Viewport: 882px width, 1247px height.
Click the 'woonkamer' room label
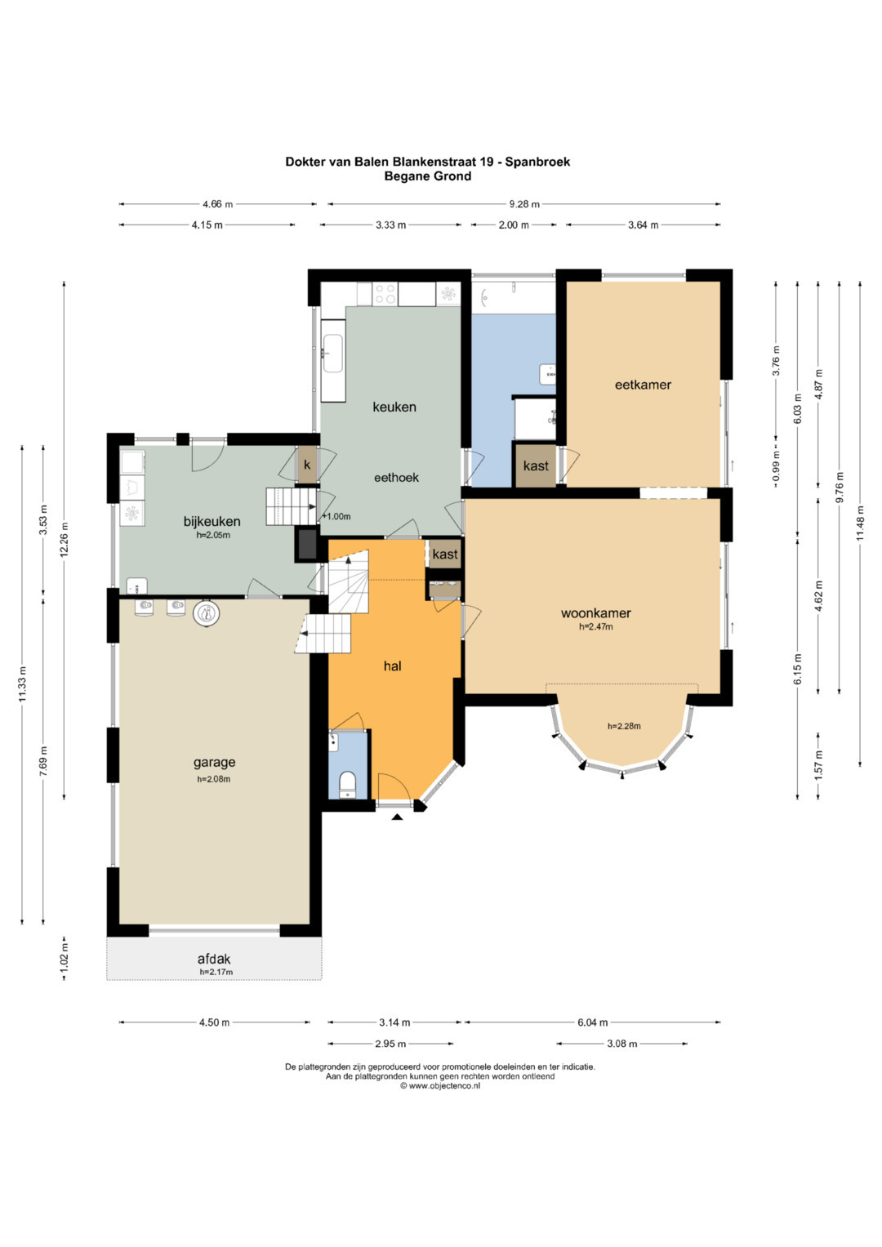pyautogui.click(x=595, y=613)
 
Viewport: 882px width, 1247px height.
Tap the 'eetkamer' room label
pyautogui.click(x=643, y=385)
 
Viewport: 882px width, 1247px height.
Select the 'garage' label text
pyautogui.click(x=214, y=762)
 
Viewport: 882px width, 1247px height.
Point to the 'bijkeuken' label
pyautogui.click(x=212, y=521)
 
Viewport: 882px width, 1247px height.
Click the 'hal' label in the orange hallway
pyautogui.click(x=392, y=666)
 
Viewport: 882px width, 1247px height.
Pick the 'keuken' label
pyautogui.click(x=394, y=407)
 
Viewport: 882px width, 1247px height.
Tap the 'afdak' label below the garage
pyautogui.click(x=214, y=960)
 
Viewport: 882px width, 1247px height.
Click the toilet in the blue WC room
pyautogui.click(x=347, y=784)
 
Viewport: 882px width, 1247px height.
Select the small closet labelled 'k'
pyautogui.click(x=307, y=465)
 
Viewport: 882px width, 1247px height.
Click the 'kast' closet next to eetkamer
pyautogui.click(x=536, y=465)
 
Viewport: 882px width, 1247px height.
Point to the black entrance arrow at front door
pyautogui.click(x=397, y=817)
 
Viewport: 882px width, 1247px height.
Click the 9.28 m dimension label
pyautogui.click(x=524, y=204)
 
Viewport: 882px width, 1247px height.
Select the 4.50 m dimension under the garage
pyautogui.click(x=214, y=1022)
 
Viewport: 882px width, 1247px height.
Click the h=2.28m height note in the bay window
pyautogui.click(x=624, y=726)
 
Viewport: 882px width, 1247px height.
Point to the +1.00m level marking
pyautogui.click(x=336, y=516)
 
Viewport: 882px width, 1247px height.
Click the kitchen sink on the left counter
pyautogui.click(x=333, y=354)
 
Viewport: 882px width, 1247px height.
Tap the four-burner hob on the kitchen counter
pyautogui.click(x=385, y=294)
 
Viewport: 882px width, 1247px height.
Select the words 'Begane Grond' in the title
pyautogui.click(x=428, y=176)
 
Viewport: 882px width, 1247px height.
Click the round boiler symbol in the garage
pyautogui.click(x=207, y=614)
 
